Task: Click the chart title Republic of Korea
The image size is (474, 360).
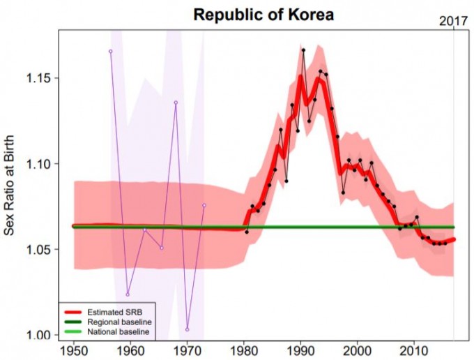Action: click(x=264, y=14)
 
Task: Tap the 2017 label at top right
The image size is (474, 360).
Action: click(x=453, y=21)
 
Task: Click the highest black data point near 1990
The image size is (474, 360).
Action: click(x=303, y=50)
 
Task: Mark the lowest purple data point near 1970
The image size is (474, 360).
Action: click(x=187, y=329)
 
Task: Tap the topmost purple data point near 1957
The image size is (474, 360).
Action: click(x=110, y=51)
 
